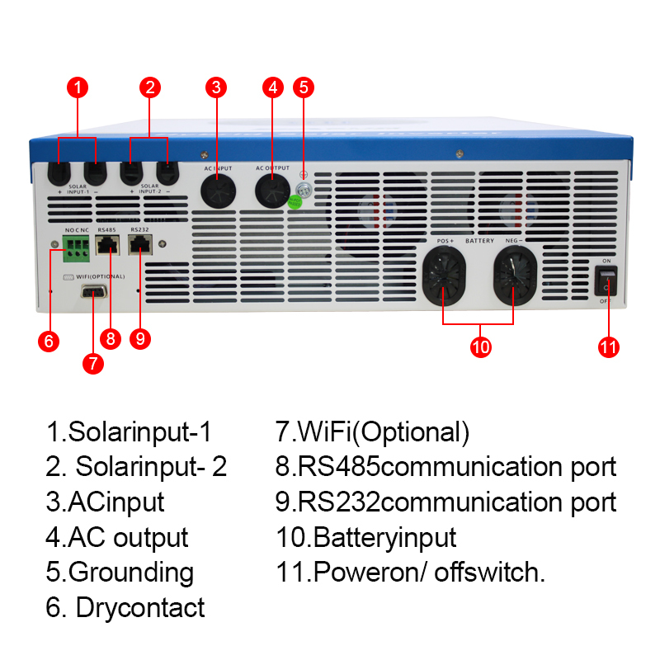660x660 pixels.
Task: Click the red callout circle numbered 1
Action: click(77, 87)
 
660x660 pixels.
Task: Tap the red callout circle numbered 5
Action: click(304, 87)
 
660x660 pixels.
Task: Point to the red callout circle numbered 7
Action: click(93, 362)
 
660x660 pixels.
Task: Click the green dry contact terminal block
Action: click(77, 244)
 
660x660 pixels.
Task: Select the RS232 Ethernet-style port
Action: click(140, 243)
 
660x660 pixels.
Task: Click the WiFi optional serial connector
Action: click(92, 291)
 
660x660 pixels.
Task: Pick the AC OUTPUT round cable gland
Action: click(272, 188)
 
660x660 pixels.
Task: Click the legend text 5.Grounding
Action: click(120, 573)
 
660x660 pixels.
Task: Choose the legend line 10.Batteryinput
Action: click(365, 538)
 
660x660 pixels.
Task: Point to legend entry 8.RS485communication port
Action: click(445, 467)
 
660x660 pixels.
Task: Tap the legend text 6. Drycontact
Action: click(125, 608)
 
